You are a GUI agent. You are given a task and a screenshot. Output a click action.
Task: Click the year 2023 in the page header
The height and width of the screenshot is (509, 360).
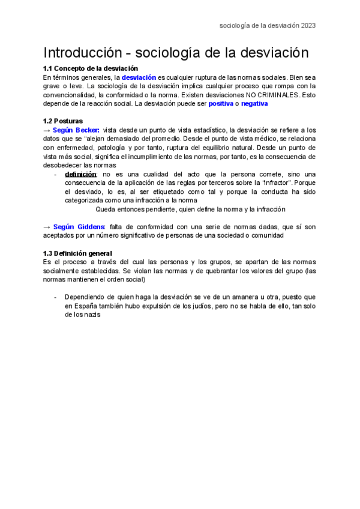pos(308,26)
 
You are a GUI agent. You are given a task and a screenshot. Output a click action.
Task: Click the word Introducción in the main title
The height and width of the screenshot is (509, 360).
pos(80,53)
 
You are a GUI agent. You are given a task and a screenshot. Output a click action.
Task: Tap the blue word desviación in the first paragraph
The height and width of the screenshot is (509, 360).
pos(139,77)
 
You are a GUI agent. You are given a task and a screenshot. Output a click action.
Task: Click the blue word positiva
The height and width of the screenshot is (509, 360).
pos(221,104)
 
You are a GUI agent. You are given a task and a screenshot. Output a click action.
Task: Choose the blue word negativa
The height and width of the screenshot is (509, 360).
pos(254,104)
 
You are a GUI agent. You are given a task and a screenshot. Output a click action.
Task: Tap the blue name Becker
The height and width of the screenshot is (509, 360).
pos(88,130)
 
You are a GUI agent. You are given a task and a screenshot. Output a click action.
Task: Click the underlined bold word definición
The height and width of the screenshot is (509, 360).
pos(80,174)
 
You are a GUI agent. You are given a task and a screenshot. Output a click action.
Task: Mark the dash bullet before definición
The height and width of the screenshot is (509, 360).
pos(56,174)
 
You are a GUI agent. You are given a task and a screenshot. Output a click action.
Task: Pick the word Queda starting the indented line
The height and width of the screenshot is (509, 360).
pos(106,209)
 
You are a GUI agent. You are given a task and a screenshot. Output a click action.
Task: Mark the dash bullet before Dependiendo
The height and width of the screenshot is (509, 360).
pos(56,297)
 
